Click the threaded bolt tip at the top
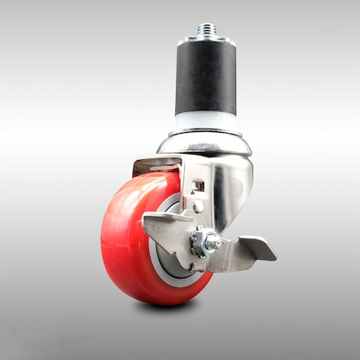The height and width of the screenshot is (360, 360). click(205, 30)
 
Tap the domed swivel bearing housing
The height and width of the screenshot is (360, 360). click(205, 145)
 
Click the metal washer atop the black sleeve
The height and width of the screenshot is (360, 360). click(205, 38)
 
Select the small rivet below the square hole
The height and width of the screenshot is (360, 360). click(198, 206)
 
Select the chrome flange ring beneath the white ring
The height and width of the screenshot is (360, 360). click(205, 131)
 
